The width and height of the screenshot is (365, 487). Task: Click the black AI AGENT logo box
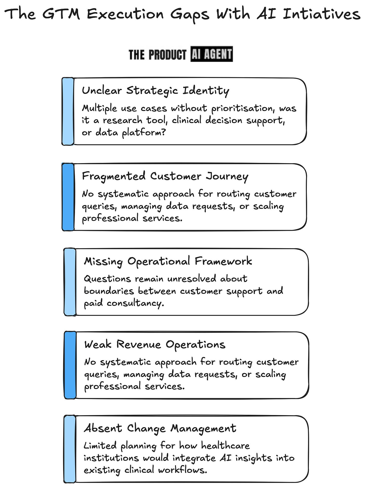(x=212, y=54)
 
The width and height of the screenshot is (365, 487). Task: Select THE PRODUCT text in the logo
(x=157, y=54)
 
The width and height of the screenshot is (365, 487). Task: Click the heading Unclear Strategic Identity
(x=155, y=91)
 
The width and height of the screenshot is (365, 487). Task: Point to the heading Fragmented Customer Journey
(x=165, y=176)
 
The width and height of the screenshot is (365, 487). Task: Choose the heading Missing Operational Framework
(x=168, y=261)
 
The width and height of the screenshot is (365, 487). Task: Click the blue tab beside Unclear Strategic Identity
(x=68, y=111)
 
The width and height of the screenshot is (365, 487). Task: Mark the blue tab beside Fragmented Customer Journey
(x=68, y=197)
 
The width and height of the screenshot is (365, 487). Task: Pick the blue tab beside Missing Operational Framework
(x=70, y=282)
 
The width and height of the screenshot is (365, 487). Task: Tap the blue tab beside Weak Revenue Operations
(x=70, y=365)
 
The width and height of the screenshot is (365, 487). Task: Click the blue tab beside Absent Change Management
(x=70, y=449)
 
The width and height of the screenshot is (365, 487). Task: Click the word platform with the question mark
(x=144, y=133)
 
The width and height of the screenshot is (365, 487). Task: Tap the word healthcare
(x=225, y=446)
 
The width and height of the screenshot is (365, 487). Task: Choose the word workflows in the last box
(x=182, y=470)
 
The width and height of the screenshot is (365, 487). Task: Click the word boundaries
(x=109, y=291)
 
